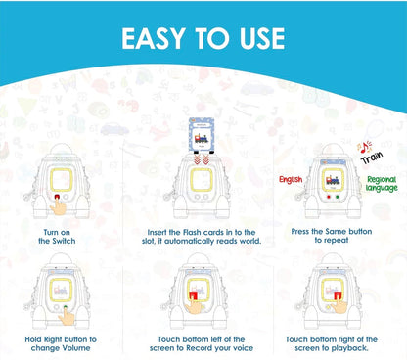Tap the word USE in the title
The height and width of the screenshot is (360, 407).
(262, 38)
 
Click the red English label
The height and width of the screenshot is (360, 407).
(291, 180)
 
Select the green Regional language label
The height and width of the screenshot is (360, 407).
(382, 184)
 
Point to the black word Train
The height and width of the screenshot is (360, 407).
(372, 157)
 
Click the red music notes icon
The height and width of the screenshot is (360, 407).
(364, 147)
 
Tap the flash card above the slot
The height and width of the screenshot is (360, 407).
(202, 135)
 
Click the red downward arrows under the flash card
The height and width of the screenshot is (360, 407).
(202, 159)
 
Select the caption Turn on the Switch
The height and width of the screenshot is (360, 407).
(57, 237)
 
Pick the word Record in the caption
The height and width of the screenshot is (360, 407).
(200, 348)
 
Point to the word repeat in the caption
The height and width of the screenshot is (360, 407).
(336, 241)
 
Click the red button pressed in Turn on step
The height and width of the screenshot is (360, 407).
(57, 197)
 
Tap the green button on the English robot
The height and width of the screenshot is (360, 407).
(338, 197)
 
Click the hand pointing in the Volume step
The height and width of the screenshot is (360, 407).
(68, 316)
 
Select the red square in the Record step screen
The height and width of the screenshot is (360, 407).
(194, 296)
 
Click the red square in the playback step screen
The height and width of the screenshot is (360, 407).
(339, 296)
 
